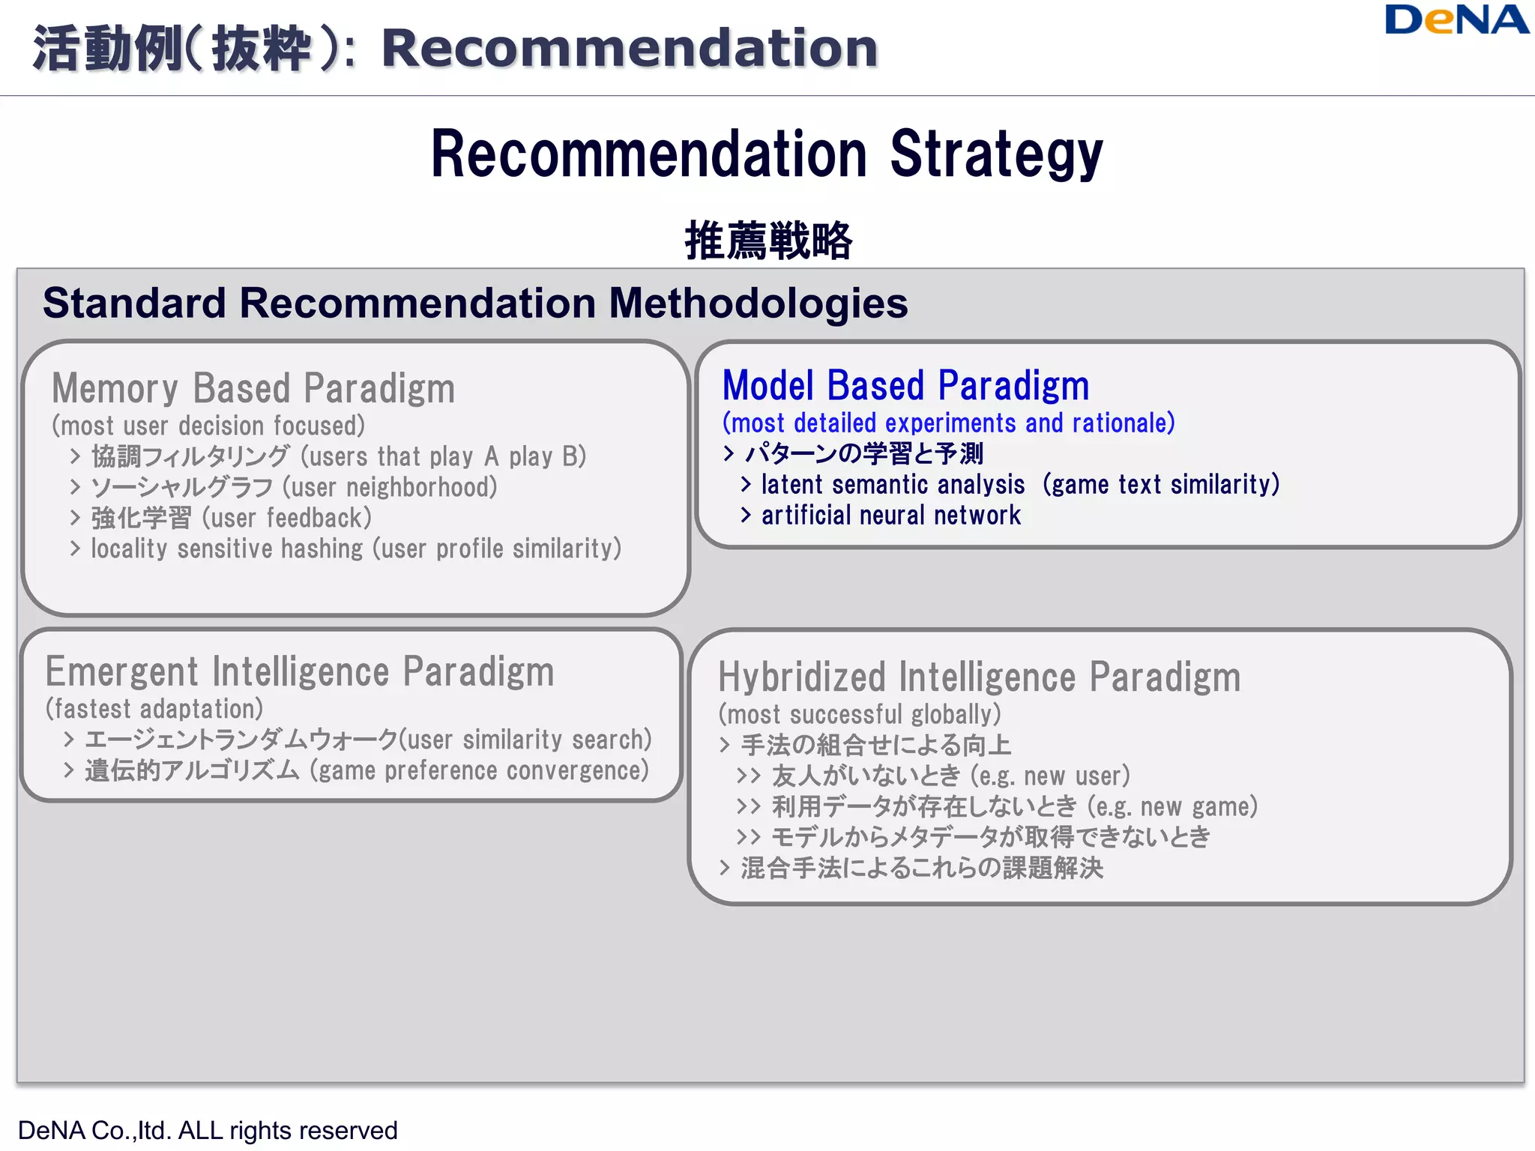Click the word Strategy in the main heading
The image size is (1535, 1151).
(x=996, y=154)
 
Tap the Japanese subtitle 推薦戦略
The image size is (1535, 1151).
(x=768, y=241)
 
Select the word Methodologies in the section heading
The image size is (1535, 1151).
(x=758, y=303)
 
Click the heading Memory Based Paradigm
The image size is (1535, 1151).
(x=253, y=388)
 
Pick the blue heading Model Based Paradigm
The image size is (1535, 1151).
(x=905, y=386)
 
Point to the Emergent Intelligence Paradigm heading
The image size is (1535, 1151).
(x=300, y=671)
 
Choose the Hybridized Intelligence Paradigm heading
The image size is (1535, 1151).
(x=979, y=677)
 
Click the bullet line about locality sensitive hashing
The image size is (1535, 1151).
(x=355, y=549)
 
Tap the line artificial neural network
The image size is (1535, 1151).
(x=890, y=516)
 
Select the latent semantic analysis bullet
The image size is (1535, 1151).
(x=1019, y=485)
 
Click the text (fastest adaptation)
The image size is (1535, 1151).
(x=154, y=709)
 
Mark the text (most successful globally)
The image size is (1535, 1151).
(x=859, y=714)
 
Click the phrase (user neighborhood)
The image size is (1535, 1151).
(x=390, y=488)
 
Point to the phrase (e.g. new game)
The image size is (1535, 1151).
(x=1172, y=807)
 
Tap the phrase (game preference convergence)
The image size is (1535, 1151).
(x=479, y=771)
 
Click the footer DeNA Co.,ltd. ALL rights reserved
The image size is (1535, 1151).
(x=208, y=1130)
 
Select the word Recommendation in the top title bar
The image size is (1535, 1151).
(x=630, y=48)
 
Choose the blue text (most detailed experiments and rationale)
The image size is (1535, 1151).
(x=948, y=423)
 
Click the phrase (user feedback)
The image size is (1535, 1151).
(x=287, y=519)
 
